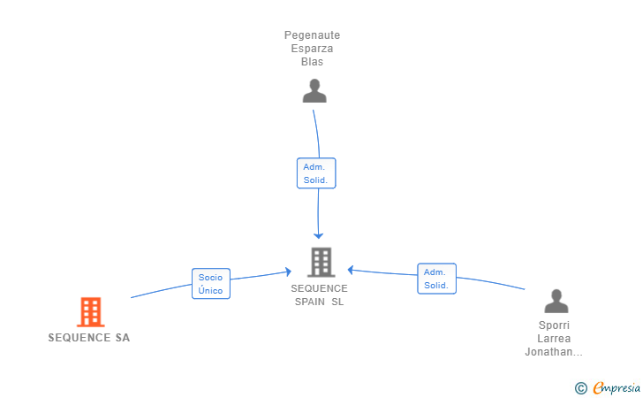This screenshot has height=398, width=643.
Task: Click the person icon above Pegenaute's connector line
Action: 314,90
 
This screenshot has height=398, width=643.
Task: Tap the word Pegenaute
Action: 312,35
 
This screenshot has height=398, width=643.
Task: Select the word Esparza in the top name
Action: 312,49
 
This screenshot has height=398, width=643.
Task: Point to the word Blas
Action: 312,62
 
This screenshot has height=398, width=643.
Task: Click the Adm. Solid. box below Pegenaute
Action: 315,173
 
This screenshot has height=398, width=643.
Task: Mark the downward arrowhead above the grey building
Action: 319,234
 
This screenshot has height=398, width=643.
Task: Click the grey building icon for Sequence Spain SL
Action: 320,262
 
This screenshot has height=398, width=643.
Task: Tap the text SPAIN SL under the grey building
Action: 319,302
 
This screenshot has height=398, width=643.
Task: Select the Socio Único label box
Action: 210,284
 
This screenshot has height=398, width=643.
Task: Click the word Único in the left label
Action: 210,291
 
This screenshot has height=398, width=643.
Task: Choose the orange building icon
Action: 90,311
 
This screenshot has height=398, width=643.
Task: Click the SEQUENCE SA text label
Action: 89,338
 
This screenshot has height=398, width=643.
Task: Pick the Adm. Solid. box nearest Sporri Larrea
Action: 436,279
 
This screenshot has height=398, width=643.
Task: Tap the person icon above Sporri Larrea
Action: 556,302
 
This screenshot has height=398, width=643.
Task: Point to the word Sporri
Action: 554,325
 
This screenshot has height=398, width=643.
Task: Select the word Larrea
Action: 554,339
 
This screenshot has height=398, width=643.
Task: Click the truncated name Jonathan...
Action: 554,352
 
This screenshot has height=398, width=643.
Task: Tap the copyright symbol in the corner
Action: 580,387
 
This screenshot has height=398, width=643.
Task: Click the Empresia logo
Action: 617,387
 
